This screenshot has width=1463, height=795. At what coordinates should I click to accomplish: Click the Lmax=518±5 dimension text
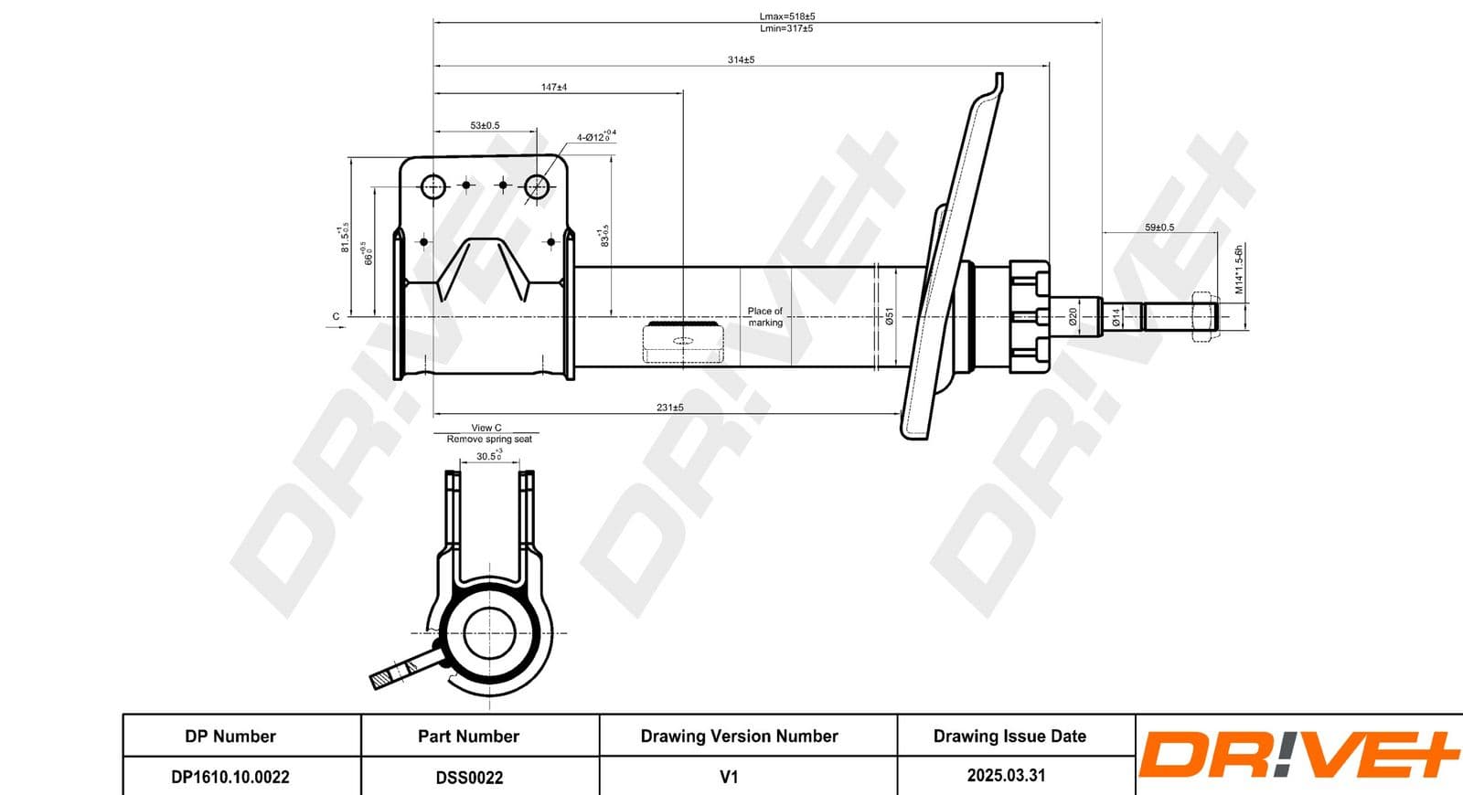(x=786, y=16)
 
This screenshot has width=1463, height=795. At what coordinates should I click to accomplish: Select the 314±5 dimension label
(x=741, y=59)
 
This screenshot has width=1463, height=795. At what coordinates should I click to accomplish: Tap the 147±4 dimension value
(x=554, y=88)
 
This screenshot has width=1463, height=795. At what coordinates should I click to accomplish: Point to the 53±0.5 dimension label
(x=485, y=125)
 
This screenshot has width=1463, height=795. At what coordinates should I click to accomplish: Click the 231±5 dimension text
(x=669, y=408)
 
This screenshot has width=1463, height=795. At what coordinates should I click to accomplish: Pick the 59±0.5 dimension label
(x=1159, y=228)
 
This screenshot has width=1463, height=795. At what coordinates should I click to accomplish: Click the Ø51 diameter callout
(x=889, y=317)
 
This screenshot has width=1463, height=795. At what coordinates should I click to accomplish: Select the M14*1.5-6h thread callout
(x=1239, y=269)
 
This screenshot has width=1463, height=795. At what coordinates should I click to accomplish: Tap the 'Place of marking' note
(x=765, y=316)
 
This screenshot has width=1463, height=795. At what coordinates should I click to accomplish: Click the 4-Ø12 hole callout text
(x=595, y=137)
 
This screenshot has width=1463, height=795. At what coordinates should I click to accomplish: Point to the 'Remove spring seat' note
(x=489, y=440)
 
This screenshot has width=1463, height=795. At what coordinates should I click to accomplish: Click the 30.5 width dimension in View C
(x=489, y=455)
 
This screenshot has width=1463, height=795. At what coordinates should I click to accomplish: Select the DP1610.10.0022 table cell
(x=230, y=777)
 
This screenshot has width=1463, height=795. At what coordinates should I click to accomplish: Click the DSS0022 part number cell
(x=469, y=778)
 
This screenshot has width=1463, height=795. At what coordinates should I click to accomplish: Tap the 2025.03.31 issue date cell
(x=1006, y=775)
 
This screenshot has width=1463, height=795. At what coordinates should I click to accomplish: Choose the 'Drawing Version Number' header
(x=739, y=736)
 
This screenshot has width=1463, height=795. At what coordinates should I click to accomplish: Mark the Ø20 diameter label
(x=1073, y=317)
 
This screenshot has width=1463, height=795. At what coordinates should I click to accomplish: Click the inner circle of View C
(x=490, y=632)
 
